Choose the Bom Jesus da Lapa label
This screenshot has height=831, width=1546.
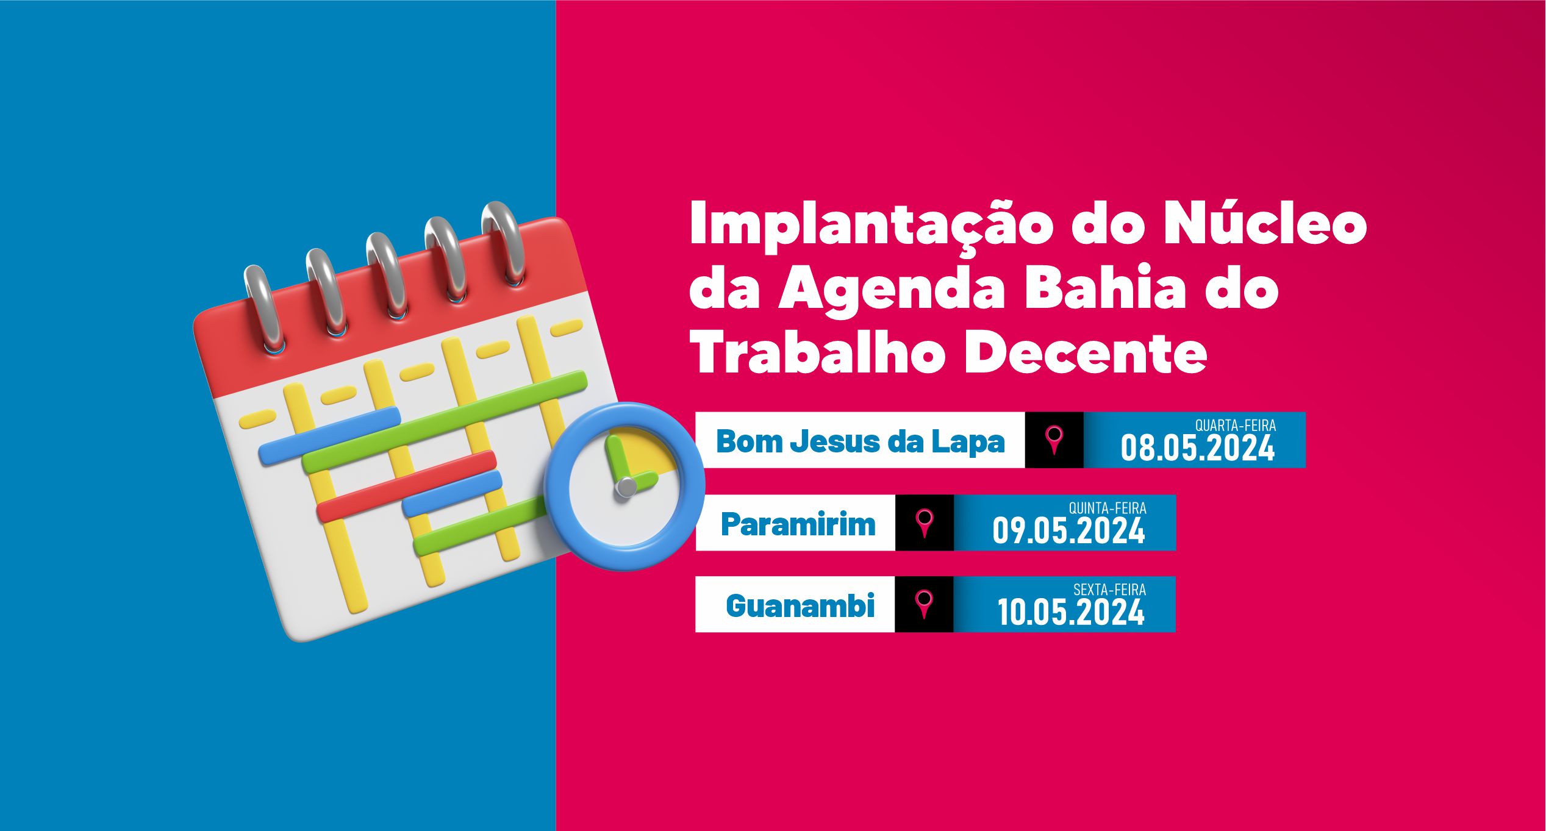click(x=860, y=441)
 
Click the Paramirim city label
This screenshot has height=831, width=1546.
click(x=798, y=524)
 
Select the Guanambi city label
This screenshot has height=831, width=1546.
click(x=800, y=605)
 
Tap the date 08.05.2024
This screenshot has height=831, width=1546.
click(x=1197, y=448)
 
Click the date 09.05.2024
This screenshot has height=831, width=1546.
click(x=1068, y=530)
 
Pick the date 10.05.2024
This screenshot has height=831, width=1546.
click(x=1071, y=612)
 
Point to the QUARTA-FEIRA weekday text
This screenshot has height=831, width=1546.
click(x=1235, y=426)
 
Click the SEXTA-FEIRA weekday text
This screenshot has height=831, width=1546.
click(x=1109, y=590)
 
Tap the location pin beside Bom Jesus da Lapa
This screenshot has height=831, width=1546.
click(x=1054, y=440)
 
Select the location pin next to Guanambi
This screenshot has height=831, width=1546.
click(x=924, y=604)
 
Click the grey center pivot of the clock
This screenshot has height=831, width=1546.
click(x=626, y=487)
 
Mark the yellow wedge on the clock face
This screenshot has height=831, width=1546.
click(x=646, y=452)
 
